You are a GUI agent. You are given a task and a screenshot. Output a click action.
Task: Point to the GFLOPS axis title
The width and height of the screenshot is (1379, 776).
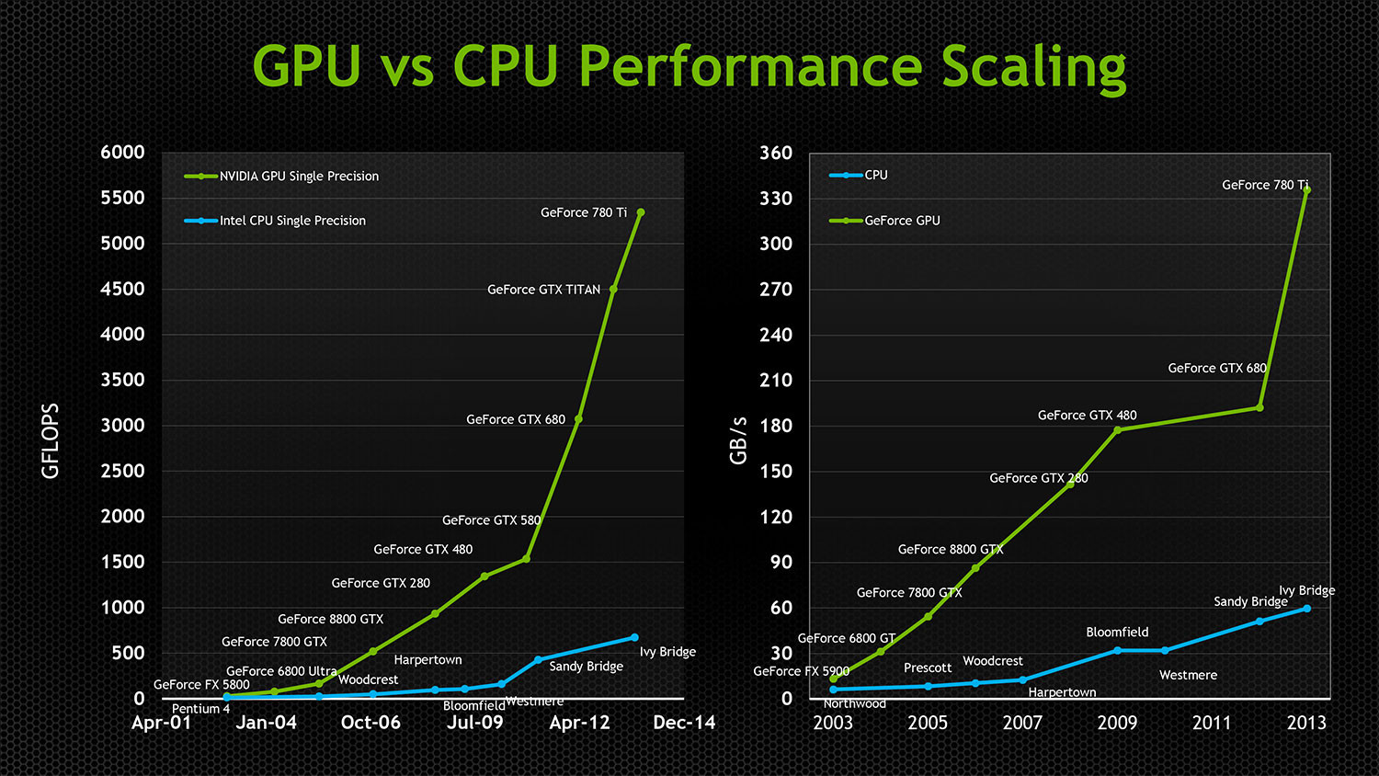[51, 441]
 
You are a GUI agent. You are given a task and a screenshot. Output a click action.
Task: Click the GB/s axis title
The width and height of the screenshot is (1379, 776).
[738, 440]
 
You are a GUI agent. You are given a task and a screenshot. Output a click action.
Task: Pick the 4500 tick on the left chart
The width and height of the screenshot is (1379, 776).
[122, 289]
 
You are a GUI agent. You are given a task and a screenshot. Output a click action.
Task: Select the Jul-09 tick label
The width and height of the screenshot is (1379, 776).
[475, 723]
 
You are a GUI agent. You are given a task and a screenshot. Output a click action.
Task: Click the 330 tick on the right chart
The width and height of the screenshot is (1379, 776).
[775, 199]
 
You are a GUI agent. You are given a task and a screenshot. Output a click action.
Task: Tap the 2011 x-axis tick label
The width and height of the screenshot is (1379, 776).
[1211, 723]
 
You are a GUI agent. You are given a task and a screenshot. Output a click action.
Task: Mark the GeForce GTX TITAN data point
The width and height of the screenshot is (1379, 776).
[613, 289]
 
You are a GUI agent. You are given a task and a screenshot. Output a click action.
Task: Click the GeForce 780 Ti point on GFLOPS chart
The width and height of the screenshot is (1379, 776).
[641, 212]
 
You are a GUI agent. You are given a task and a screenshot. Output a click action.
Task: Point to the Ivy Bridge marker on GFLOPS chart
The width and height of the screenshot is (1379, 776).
[634, 637]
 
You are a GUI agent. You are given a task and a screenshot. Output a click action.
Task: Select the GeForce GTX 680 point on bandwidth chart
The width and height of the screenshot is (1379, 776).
[1259, 407]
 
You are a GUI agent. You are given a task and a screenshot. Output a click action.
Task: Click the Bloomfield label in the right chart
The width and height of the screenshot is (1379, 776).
[1117, 632]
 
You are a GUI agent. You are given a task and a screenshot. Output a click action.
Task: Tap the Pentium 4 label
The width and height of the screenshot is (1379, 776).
[200, 709]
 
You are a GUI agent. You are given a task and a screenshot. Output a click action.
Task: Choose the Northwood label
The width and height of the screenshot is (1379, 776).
[854, 703]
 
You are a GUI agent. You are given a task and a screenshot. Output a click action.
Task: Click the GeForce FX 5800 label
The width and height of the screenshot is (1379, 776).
[201, 684]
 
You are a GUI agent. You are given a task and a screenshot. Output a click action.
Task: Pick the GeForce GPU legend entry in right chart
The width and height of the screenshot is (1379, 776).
[901, 221]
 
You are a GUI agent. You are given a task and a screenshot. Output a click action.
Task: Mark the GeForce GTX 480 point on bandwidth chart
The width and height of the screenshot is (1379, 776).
[1117, 429]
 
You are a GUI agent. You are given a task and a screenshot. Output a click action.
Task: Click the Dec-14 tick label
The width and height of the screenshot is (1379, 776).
[684, 723]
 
